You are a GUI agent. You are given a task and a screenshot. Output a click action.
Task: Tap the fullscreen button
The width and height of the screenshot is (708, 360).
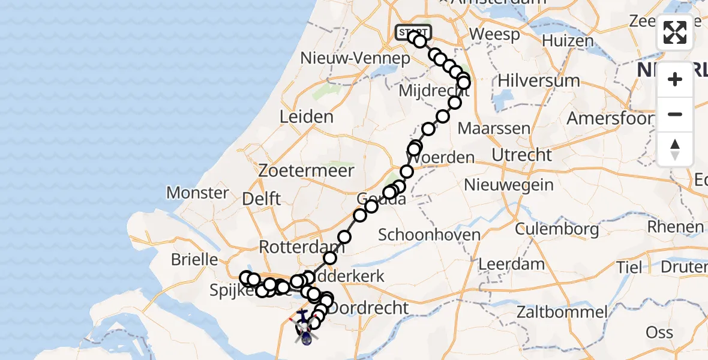click(x=675, y=32)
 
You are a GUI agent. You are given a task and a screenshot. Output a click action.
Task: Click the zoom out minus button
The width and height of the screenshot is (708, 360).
click(x=675, y=114)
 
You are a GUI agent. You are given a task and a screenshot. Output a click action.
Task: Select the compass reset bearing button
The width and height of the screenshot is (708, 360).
click(x=675, y=149)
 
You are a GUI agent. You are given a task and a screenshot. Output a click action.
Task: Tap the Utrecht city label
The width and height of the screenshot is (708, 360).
click(x=521, y=155)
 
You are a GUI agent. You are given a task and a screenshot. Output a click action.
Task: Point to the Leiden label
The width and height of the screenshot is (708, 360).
click(x=307, y=116)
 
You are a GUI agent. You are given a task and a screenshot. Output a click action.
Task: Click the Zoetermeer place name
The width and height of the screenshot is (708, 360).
click(x=306, y=170)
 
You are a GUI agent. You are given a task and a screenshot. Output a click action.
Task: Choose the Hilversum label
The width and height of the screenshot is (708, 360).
click(x=539, y=80)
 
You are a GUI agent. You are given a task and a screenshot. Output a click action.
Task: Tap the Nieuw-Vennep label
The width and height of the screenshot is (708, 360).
click(x=355, y=59)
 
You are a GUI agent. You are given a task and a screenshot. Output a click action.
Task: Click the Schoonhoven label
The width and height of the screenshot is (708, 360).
click(x=429, y=235)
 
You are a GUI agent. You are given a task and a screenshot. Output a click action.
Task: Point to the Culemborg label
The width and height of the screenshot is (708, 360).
click(x=557, y=229)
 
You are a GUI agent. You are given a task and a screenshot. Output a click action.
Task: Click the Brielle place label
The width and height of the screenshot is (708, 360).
click(x=194, y=260)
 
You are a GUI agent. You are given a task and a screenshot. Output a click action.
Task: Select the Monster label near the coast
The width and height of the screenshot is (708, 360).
click(x=197, y=193)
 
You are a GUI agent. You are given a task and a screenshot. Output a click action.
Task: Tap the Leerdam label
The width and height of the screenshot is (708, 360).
click(x=512, y=263)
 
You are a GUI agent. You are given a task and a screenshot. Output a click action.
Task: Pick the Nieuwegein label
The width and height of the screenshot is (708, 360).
click(x=509, y=184)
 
